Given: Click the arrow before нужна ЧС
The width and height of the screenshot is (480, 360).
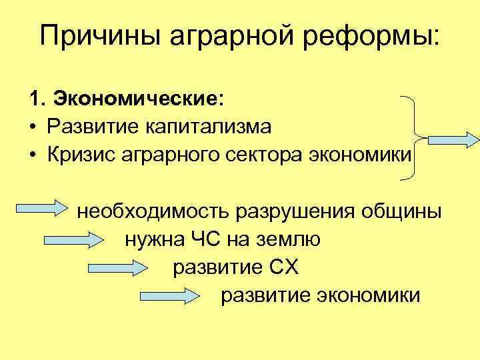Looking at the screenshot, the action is click(73, 238).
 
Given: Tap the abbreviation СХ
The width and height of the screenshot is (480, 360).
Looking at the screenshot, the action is click(285, 267).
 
